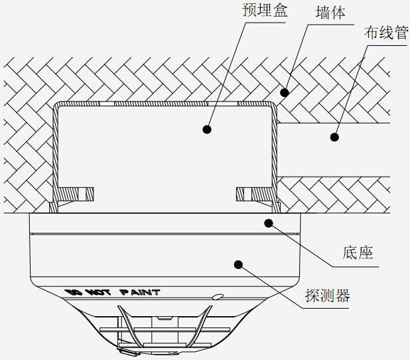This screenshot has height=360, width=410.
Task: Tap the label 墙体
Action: (x=330, y=12)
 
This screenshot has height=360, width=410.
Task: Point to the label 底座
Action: (x=358, y=252)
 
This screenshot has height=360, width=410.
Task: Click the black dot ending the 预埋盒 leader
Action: (x=207, y=130)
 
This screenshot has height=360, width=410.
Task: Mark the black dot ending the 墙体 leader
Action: (x=284, y=92)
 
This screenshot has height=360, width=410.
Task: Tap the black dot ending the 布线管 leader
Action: (x=334, y=137)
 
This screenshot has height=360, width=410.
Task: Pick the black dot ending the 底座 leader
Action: (x=269, y=223)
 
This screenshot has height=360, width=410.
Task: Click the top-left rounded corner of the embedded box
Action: (x=58, y=106)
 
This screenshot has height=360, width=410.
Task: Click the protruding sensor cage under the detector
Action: (x=159, y=329)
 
